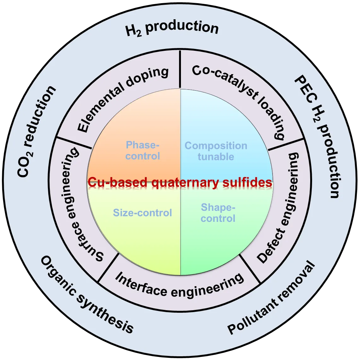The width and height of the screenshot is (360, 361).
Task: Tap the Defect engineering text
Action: point(279,208)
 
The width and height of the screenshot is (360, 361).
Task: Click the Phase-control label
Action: point(143,151)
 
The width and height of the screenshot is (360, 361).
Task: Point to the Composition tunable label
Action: point(216,151)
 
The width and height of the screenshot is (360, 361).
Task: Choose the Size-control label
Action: point(142,213)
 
